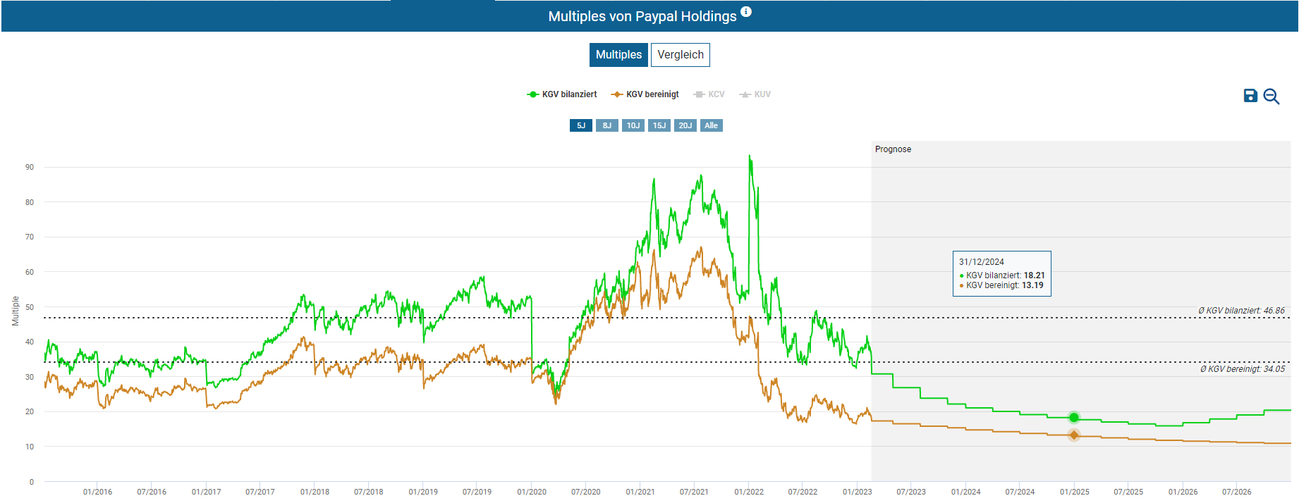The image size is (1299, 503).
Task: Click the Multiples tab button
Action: point(618,55)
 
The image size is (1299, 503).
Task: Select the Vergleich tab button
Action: point(680,55)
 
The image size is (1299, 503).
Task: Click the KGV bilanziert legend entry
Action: point(562,94)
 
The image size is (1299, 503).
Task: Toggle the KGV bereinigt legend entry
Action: point(645,94)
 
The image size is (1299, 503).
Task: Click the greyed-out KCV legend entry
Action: point(709,94)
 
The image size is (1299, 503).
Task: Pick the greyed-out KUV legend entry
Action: point(755,94)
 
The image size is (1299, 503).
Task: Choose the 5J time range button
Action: point(581,125)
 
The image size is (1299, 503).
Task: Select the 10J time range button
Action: point(633,125)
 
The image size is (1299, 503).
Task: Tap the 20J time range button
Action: point(685,125)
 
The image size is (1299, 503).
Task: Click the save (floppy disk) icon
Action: point(1250,96)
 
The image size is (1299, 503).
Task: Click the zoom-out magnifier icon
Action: point(1271,97)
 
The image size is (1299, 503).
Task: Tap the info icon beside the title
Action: point(746,12)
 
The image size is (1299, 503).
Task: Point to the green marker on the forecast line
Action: point(1073,418)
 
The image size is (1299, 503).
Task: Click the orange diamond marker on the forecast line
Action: point(1073,435)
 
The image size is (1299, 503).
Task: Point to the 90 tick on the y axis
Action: point(30,168)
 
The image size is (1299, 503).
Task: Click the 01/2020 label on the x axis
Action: point(532,492)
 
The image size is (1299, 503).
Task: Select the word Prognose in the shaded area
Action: point(893,149)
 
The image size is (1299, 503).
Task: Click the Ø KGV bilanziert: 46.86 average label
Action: point(1241,311)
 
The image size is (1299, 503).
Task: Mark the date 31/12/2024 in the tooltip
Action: point(981,262)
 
